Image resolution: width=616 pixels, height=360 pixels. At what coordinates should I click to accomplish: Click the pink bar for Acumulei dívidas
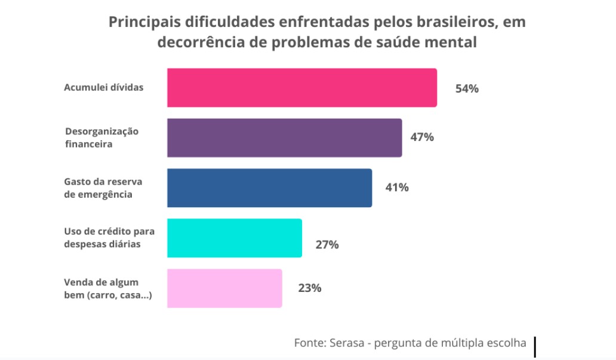[301, 88]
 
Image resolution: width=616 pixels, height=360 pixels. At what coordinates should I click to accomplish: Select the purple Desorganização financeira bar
[284, 137]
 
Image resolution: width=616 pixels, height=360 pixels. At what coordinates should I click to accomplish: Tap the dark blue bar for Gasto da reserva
[269, 188]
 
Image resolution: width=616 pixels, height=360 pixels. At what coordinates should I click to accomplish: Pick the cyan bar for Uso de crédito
[234, 238]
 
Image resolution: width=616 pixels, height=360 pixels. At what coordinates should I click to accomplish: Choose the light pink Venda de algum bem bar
[224, 288]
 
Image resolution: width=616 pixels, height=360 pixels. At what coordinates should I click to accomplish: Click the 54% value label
[467, 89]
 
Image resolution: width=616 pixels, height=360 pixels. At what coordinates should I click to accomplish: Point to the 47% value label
[421, 137]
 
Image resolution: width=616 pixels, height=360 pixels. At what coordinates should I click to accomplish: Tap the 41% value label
[396, 187]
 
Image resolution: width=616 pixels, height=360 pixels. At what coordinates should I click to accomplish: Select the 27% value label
[327, 245]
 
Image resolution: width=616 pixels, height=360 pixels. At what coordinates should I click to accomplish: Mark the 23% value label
[310, 288]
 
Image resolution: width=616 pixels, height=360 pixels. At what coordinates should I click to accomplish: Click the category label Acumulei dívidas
[104, 87]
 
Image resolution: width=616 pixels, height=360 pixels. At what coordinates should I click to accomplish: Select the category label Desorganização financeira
[101, 137]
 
